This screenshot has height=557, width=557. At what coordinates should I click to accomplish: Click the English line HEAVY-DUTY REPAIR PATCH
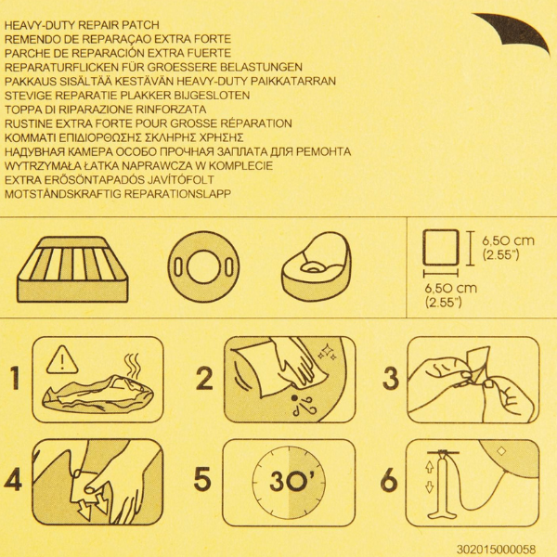pos(82,25)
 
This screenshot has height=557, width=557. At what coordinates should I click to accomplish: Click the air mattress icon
pos(72,269)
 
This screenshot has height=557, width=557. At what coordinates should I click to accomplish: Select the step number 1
pos(15,378)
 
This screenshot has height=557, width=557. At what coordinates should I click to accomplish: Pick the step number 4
pos(13,479)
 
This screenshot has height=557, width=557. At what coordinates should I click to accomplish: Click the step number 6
pos(389,480)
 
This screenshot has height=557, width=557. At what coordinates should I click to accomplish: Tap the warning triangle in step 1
pos(62,360)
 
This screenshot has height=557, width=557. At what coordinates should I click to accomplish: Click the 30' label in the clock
pos(288,481)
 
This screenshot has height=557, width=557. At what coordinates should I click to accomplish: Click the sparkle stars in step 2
pos(328,352)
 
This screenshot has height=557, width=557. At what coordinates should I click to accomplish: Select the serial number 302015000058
pos(496,549)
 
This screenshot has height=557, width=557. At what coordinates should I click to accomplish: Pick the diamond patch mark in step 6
pos(501,451)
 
